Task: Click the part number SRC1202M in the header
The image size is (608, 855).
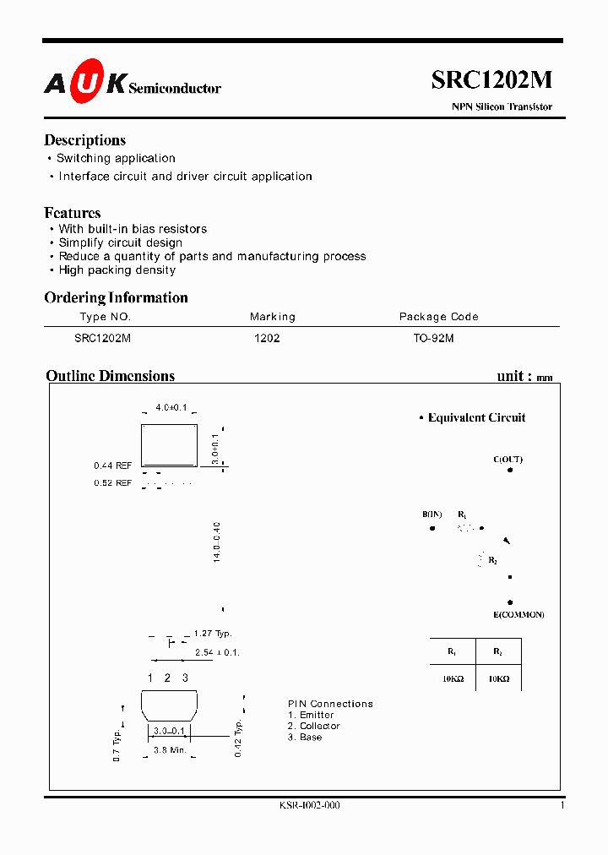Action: click(491, 79)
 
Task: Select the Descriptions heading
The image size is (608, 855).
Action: click(84, 140)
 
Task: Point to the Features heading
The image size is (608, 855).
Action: click(73, 213)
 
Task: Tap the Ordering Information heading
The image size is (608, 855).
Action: click(116, 297)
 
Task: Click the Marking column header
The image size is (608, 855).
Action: click(272, 317)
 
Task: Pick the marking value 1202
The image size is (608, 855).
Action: click(267, 338)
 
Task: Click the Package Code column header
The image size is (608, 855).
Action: click(438, 317)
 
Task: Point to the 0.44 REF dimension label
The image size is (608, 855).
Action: click(112, 466)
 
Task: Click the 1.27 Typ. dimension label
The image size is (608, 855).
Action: click(212, 634)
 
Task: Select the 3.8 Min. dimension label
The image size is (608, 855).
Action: click(169, 749)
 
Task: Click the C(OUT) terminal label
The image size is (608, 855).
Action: click(508, 460)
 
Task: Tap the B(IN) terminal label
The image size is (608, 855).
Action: click(432, 515)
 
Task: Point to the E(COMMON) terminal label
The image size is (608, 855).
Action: click(519, 614)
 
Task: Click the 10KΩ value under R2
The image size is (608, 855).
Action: click(498, 678)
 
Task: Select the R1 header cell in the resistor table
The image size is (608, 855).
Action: click(452, 651)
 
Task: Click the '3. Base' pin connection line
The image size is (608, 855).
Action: click(305, 738)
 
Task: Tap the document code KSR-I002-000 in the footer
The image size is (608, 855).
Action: click(309, 806)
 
